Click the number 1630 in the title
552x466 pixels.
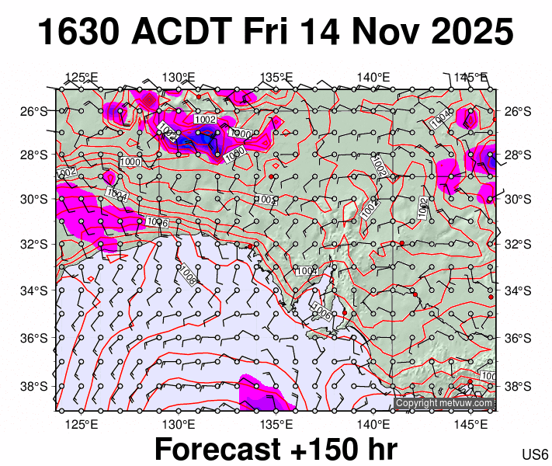tap(78, 33)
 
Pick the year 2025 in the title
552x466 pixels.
tap(469, 33)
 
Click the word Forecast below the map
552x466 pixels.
tap(216, 450)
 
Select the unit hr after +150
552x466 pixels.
tap(380, 450)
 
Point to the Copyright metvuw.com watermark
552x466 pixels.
tap(444, 403)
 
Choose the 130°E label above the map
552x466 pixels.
tap(179, 77)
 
